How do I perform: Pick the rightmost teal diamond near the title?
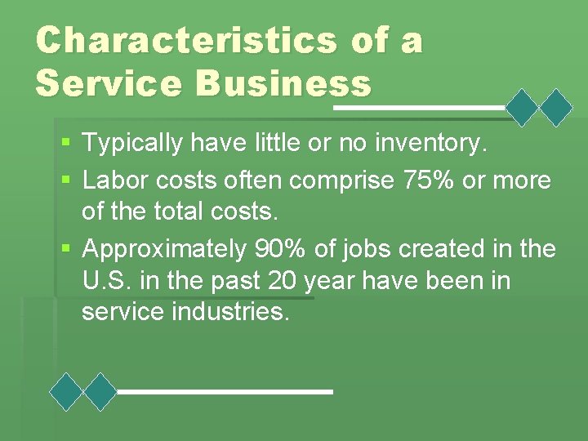point(558,107)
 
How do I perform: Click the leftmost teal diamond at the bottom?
point(66,391)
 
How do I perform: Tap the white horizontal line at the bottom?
point(225,392)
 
